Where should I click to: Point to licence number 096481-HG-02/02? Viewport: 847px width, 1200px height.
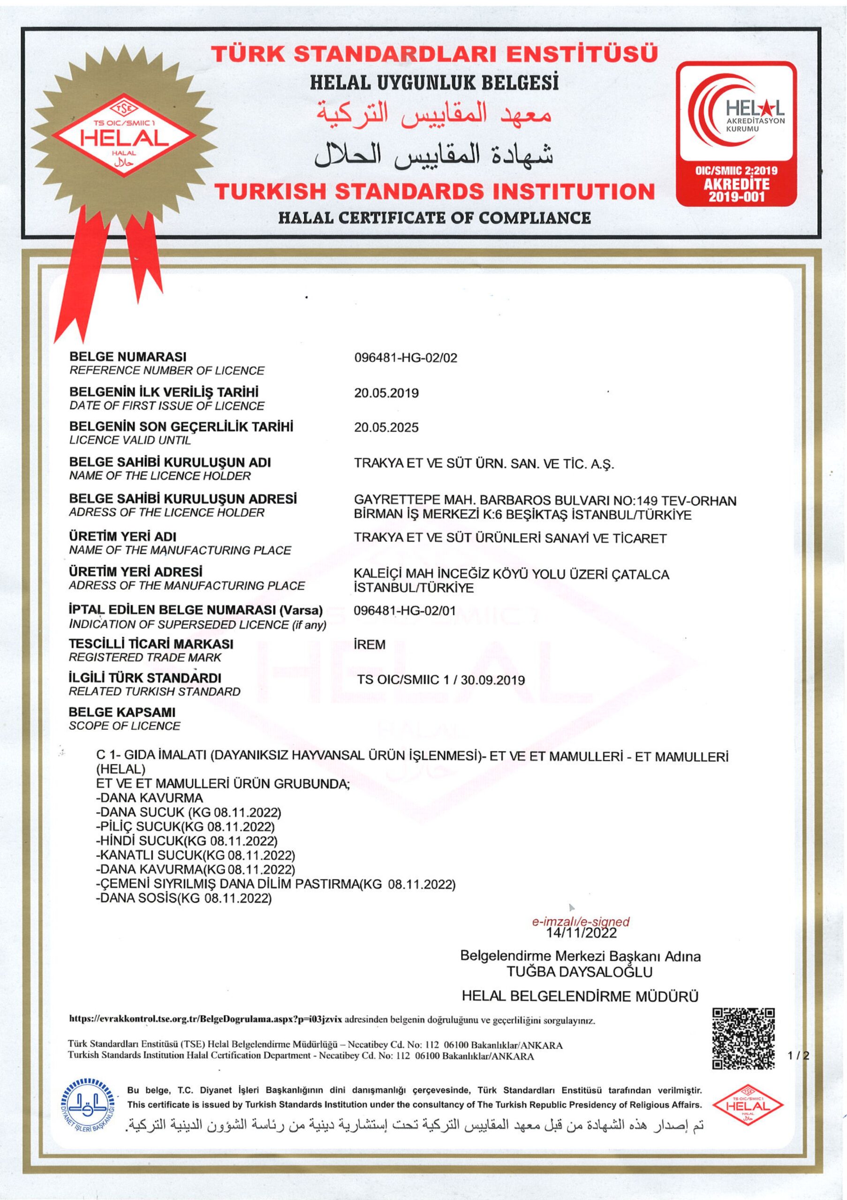point(405,358)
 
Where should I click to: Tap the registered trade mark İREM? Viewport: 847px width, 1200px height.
point(370,645)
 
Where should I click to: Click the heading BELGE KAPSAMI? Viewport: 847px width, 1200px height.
point(122,712)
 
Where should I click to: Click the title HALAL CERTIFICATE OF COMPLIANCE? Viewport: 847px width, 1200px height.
point(434,217)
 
